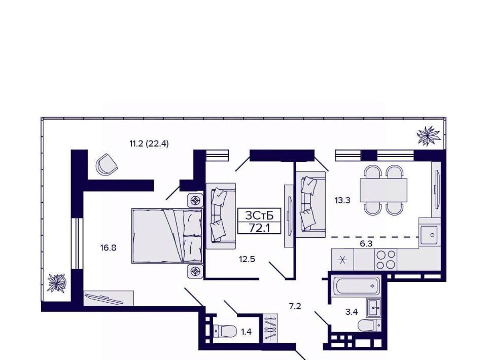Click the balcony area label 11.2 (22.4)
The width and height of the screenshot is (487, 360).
(x=149, y=143)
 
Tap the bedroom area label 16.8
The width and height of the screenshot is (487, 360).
(x=108, y=247)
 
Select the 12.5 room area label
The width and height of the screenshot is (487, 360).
(x=247, y=259)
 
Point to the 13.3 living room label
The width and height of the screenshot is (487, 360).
(x=342, y=200)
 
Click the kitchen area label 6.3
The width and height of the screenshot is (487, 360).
(x=366, y=243)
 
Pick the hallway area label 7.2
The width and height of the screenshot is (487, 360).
(x=295, y=307)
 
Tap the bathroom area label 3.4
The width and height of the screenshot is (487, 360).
(x=352, y=312)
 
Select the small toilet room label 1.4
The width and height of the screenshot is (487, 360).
(x=247, y=332)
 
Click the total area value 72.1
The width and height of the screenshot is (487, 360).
(x=259, y=228)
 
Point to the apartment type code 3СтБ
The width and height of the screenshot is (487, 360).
(x=259, y=215)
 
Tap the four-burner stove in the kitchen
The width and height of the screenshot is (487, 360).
(x=386, y=260)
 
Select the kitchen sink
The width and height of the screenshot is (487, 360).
(x=429, y=235)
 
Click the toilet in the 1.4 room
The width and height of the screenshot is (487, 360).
(x=225, y=331)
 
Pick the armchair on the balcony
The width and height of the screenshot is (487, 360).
(x=107, y=164)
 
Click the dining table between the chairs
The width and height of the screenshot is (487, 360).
(x=384, y=190)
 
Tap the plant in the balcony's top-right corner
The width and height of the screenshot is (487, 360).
(x=429, y=135)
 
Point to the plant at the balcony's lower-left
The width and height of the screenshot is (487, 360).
(x=56, y=283)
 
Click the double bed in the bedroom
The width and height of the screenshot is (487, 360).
(x=167, y=236)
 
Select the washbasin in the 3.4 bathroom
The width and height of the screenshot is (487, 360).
(x=374, y=308)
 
